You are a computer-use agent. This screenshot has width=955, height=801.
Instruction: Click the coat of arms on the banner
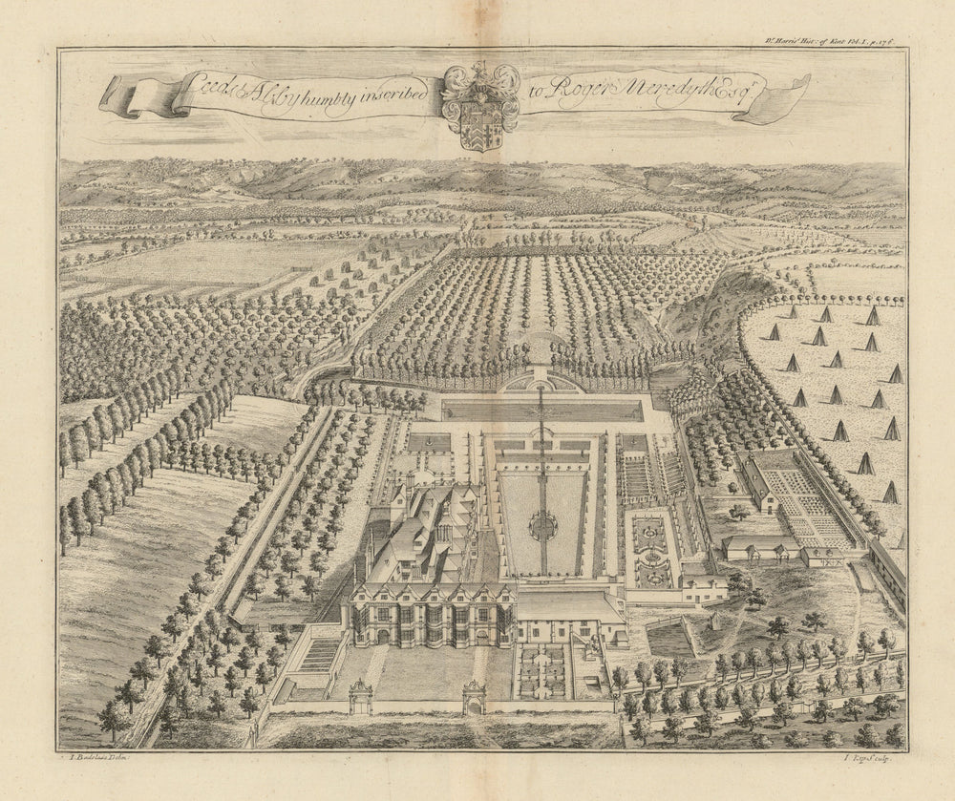coord(481,106)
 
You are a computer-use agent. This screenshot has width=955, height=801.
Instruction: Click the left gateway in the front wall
coord(360,697)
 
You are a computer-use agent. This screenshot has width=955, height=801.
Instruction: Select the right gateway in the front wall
coord(473,698)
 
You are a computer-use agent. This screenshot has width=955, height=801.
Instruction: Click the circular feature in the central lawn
coord(543,524)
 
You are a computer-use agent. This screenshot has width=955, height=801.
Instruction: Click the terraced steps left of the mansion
coord(320,654)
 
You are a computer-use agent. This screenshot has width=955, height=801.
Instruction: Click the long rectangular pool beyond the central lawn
coord(541,411)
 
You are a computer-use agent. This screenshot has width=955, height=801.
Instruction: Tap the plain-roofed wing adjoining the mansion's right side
coord(568,616)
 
